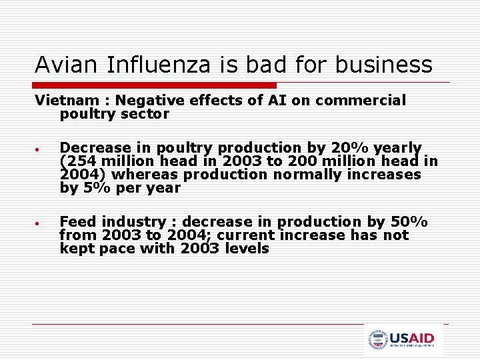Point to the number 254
(79, 161)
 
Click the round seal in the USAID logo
(378, 340)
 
